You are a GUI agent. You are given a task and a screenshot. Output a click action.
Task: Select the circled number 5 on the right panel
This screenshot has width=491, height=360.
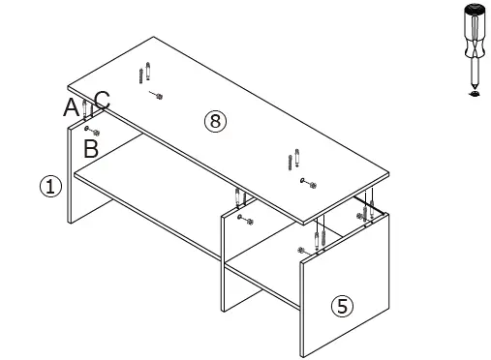point(341,306)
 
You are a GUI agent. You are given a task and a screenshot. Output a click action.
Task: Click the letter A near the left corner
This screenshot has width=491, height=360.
point(71,107)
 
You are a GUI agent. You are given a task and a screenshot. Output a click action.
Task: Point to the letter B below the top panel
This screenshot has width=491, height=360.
point(90,148)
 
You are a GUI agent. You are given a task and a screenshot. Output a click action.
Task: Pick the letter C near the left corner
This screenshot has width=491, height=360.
point(103,99)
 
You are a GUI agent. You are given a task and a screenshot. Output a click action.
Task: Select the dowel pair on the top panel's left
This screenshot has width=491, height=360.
point(145,73)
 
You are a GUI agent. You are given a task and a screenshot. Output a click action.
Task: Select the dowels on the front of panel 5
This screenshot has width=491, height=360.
point(319,235)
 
